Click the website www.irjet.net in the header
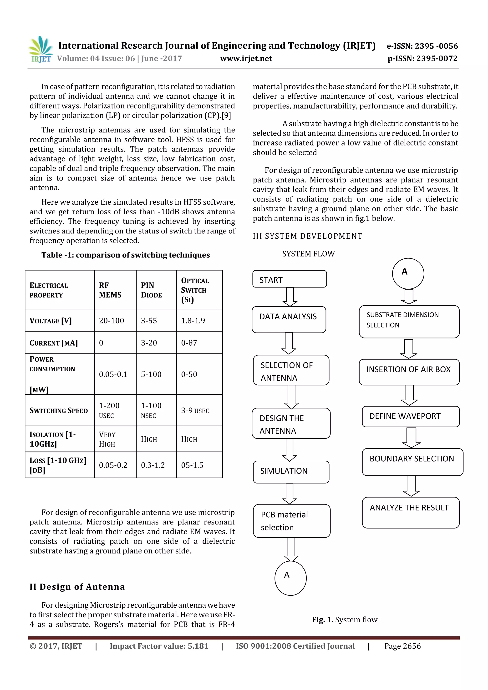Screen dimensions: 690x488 coord(246,59)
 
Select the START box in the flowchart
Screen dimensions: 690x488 coord(289,279)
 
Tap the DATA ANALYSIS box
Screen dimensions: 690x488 coord(289,319)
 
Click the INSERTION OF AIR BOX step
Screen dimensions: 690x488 coord(409,372)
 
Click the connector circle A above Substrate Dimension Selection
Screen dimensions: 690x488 coord(408,273)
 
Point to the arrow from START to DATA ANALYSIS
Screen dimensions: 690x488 coord(290,297)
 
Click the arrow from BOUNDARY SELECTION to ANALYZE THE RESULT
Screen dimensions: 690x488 coord(411,486)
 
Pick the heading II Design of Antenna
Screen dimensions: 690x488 coord(77,586)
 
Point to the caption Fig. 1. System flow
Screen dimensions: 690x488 coord(344,619)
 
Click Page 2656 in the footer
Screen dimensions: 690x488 coord(402,646)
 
